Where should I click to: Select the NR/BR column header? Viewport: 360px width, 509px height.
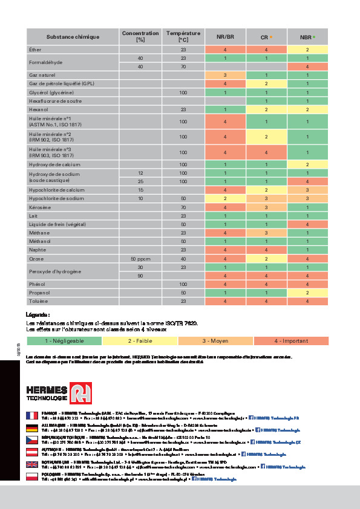[225, 37]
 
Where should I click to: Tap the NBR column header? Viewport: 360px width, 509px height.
[307, 37]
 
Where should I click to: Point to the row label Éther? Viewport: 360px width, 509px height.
[36, 50]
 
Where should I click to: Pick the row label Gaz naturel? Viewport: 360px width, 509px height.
[42, 75]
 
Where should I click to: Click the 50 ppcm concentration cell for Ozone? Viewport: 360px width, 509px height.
[140, 258]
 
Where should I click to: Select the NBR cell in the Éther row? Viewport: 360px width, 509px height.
[307, 50]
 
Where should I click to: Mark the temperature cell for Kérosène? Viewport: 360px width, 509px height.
[183, 207]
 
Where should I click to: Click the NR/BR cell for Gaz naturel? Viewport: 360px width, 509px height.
[225, 75]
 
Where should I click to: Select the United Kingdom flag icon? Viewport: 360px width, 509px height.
[32, 464]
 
